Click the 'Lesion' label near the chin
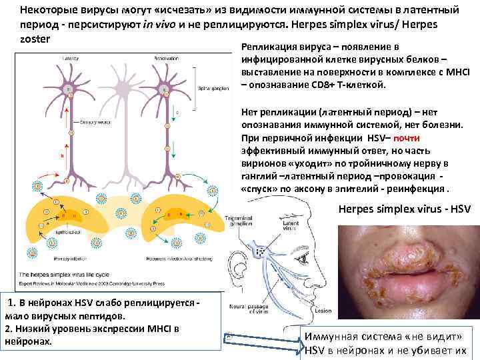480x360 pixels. pyautogui.click(x=325, y=311)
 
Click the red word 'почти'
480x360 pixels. pyautogui.click(x=406, y=138)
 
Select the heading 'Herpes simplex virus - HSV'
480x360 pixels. pyautogui.click(x=404, y=209)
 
